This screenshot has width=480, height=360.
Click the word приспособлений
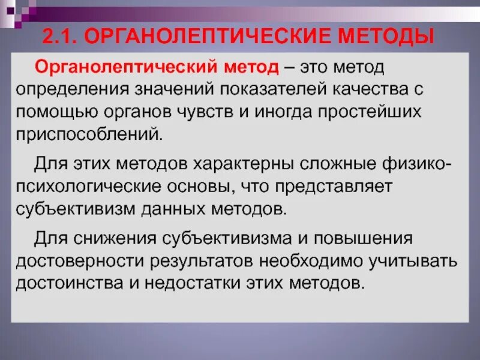89,134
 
